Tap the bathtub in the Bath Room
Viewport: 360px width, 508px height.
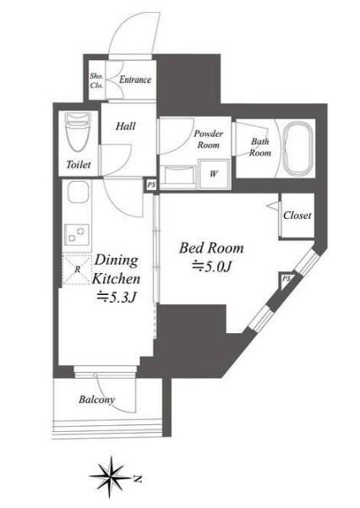(298, 148)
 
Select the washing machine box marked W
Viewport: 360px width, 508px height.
(214, 173)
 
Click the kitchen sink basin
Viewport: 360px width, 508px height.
(78, 192)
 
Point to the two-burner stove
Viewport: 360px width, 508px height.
(76, 235)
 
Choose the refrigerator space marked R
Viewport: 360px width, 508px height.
(76, 270)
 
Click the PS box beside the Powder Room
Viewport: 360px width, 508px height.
(151, 185)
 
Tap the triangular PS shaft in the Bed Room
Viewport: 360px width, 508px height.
(286, 280)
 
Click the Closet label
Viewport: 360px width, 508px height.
(297, 216)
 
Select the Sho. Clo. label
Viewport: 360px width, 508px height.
(96, 80)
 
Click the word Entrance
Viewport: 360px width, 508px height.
(135, 79)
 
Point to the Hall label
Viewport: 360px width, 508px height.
(126, 126)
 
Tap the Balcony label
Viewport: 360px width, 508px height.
(96, 400)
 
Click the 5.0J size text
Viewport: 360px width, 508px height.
(211, 266)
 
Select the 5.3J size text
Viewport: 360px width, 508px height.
(117, 297)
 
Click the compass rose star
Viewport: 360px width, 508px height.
(112, 476)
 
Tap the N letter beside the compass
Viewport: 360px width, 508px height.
(138, 478)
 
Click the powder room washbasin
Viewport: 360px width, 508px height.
(178, 177)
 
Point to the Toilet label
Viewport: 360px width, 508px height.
(78, 165)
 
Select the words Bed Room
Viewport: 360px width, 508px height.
(211, 249)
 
